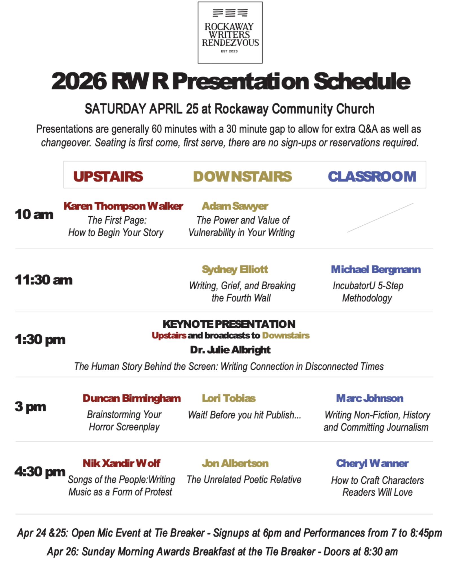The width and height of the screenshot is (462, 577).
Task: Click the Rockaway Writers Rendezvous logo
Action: pos(230,32)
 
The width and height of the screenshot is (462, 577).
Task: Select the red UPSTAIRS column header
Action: pos(108,177)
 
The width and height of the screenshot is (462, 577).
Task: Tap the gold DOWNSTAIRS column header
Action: pos(243,177)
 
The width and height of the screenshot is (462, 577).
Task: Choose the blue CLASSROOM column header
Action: pos(372,177)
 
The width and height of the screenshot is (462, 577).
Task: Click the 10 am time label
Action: pos(34,214)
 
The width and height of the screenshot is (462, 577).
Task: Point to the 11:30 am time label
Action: pos(44,280)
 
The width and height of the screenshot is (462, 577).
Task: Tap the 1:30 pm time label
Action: pos(40,339)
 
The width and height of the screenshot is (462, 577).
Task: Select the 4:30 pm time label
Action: pos(40,472)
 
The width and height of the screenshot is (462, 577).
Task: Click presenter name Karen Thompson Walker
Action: pos(123,206)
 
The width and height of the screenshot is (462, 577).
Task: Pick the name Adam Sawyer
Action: pos(235,206)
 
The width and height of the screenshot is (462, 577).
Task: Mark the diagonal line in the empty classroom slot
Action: pos(380,218)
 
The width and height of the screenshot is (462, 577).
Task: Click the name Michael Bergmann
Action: pos(376,270)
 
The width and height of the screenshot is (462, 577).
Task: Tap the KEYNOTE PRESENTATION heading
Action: pos(229,324)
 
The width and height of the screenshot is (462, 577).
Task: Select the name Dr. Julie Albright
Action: pos(230,350)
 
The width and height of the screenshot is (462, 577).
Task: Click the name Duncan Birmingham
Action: pos(132,398)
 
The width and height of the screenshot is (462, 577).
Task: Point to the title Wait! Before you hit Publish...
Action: pos(244,415)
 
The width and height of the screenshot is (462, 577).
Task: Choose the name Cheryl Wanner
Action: pos(372,463)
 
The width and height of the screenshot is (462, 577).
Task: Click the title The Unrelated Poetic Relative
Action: pos(244,480)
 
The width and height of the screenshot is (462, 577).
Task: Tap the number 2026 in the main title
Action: pos(79,81)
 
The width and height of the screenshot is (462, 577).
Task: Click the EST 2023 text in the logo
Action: pos(229,51)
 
